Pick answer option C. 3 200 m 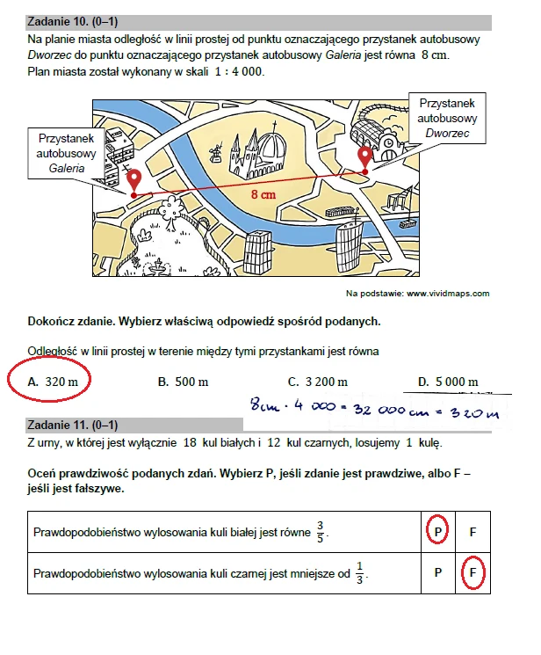pyautogui.click(x=318, y=382)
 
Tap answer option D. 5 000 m pyautogui.click(x=448, y=382)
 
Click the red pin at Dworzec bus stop pyautogui.click(x=364, y=157)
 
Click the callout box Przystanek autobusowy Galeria pyautogui.click(x=67, y=152)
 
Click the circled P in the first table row pyautogui.click(x=437, y=532)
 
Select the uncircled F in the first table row pyautogui.click(x=472, y=532)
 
